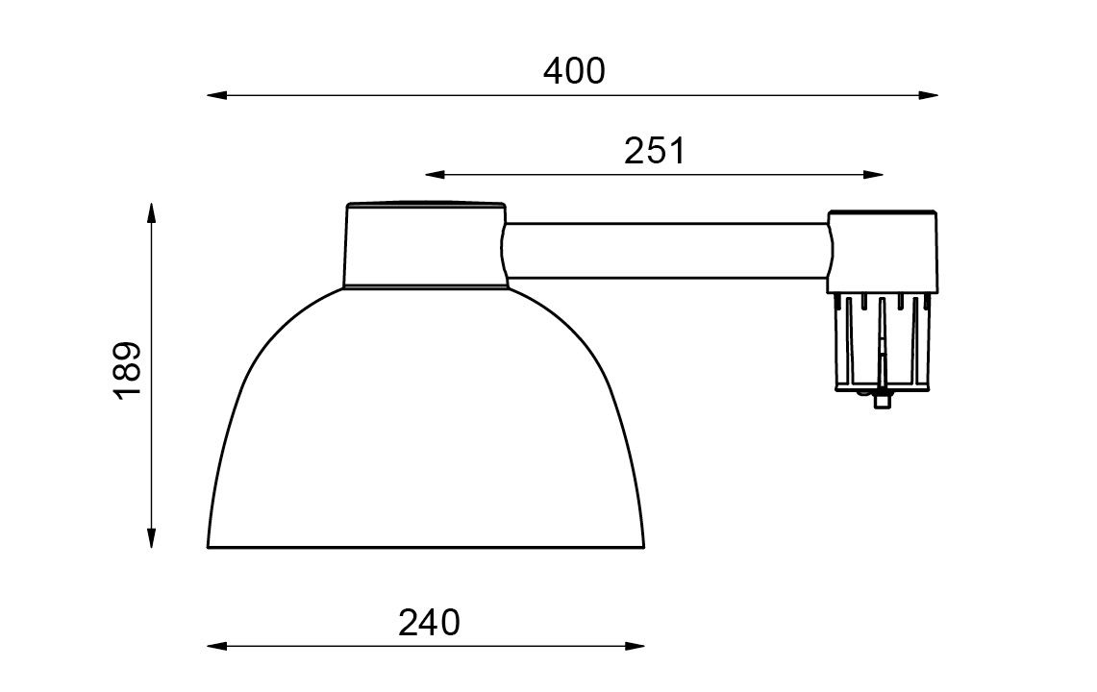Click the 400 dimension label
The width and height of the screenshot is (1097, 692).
click(574, 71)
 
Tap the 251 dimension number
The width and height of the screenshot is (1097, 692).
click(655, 151)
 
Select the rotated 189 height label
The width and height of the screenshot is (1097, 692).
click(128, 370)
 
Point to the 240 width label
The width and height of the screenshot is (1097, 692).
click(429, 622)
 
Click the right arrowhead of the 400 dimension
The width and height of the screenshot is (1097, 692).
click(928, 95)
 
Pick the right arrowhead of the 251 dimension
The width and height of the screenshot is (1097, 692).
click(874, 174)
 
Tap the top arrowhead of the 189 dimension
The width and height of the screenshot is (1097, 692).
click(151, 212)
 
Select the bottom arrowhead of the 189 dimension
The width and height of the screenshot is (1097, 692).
click(151, 537)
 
